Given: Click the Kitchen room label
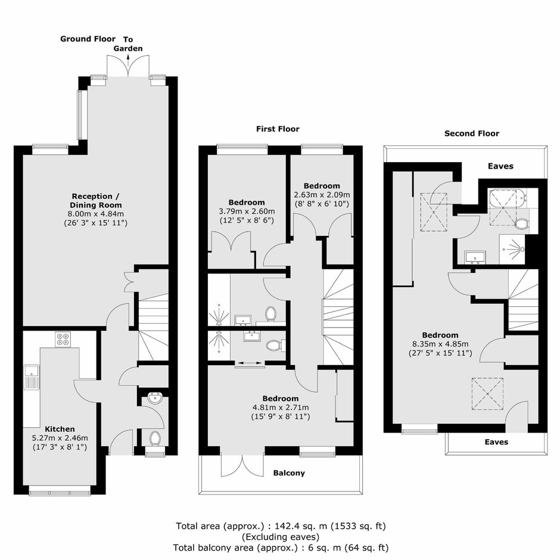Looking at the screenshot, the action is [x=60, y=429].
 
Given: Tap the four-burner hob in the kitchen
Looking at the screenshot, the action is [x=63, y=340].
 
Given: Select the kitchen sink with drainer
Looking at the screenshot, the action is [x=32, y=377].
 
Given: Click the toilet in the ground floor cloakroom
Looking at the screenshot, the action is [x=155, y=438].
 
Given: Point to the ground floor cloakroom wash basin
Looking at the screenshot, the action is [x=155, y=398].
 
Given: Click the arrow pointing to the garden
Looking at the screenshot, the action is [x=128, y=60].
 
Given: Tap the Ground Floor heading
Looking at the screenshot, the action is [x=88, y=39].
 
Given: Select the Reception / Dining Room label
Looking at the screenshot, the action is [x=96, y=200].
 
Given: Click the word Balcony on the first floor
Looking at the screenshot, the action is [x=289, y=473].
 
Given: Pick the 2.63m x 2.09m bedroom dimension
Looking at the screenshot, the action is [x=322, y=195].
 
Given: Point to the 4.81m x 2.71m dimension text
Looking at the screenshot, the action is [x=281, y=407].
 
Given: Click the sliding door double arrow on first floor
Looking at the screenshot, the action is [x=250, y=363].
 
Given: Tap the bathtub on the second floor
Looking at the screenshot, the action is [x=508, y=198].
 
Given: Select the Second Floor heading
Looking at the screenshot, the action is [x=472, y=133].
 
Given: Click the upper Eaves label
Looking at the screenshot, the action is [x=500, y=166].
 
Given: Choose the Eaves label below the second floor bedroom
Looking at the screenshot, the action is [x=496, y=442].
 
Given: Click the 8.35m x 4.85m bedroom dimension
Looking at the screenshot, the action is [x=440, y=344].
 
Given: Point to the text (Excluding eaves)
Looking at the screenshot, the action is [x=281, y=537].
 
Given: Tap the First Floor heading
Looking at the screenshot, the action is [x=278, y=129].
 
